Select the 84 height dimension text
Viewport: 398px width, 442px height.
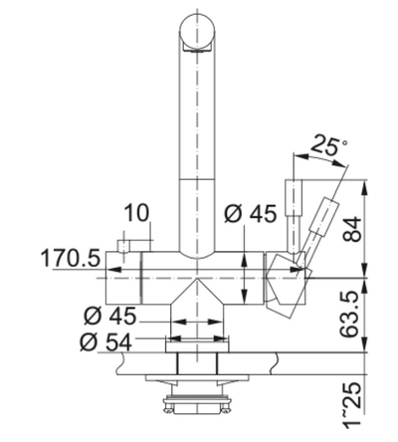point(351,229)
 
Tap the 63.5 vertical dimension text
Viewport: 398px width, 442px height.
point(351,315)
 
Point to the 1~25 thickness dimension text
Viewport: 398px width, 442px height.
point(351,404)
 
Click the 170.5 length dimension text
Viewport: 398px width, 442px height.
point(71,258)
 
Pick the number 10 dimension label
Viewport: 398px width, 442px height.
point(136,213)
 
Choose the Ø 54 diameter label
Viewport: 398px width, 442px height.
point(105,342)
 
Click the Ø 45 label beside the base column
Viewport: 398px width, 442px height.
point(109,316)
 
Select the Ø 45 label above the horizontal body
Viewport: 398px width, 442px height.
point(251,214)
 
